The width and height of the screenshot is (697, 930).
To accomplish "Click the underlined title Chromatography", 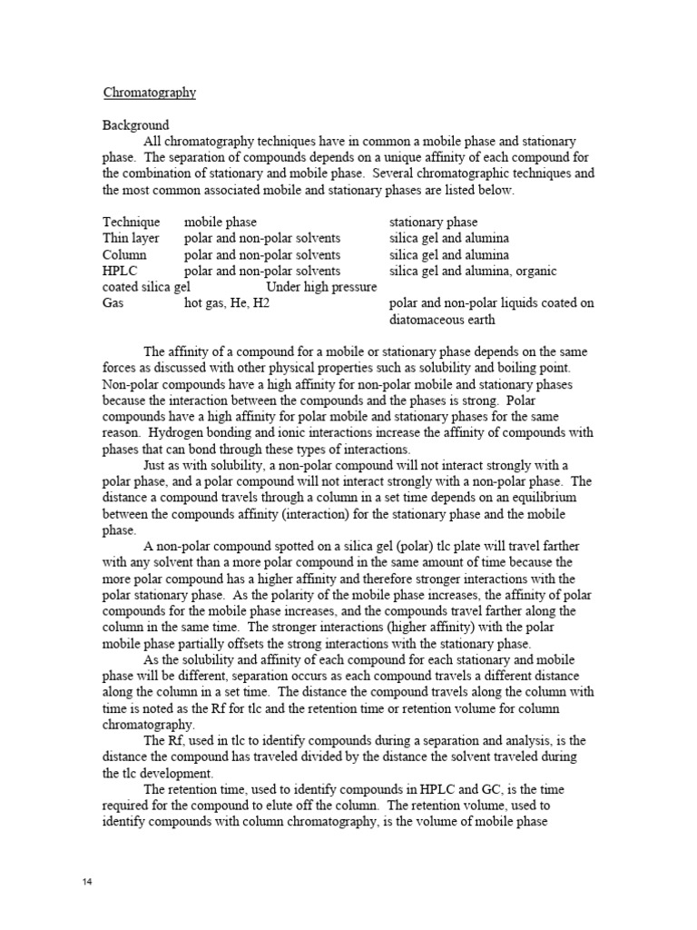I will pos(149,93).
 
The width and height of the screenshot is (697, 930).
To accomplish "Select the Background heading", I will pos(135,125).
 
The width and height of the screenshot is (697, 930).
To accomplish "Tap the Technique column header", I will pos(131,223).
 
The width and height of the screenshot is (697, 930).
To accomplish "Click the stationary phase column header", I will pos(433,223).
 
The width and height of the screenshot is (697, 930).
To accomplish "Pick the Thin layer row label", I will pos(131,239).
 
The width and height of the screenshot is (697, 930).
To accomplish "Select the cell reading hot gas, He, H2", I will pos(227,304).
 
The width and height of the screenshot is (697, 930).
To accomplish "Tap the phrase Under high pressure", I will pos(321,288).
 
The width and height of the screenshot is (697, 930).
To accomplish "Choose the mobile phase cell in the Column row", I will pos(262,255).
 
